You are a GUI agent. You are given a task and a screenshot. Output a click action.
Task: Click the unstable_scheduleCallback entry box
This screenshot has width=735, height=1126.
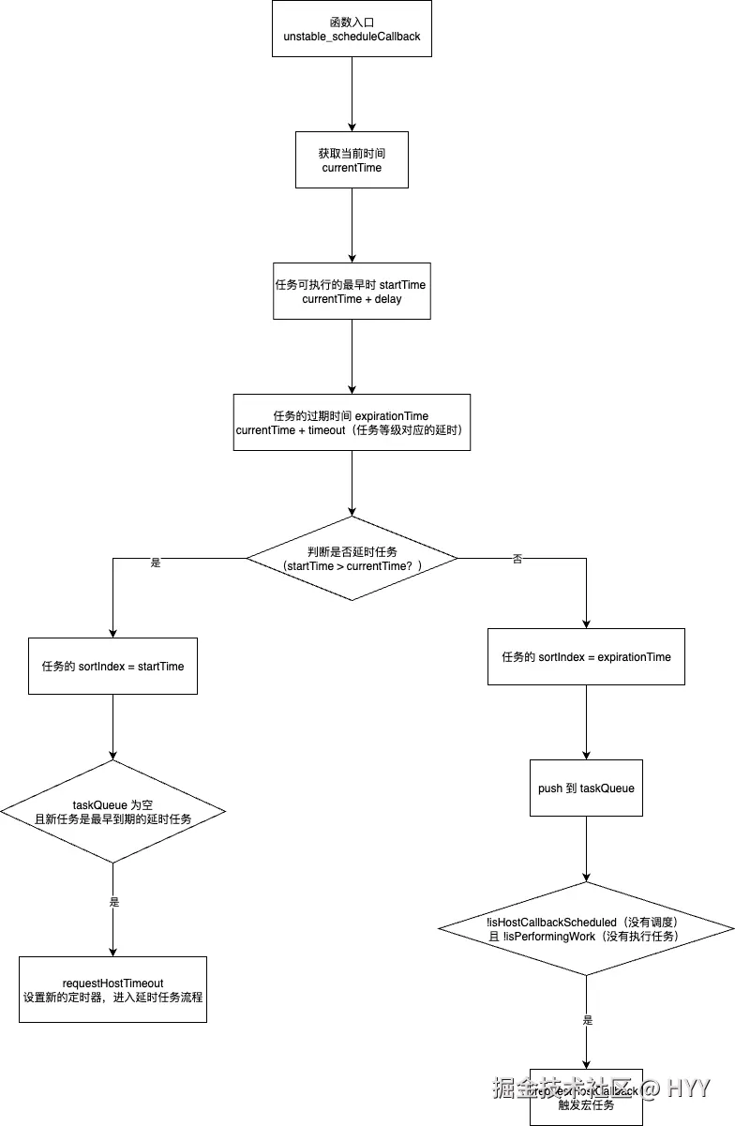click(x=352, y=28)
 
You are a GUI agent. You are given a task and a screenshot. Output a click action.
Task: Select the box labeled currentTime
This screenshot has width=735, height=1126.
click(x=352, y=159)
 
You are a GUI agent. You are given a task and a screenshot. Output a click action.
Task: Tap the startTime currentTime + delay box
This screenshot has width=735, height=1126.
click(x=352, y=291)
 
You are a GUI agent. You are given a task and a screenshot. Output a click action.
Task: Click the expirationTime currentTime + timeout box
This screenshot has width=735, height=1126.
click(x=352, y=422)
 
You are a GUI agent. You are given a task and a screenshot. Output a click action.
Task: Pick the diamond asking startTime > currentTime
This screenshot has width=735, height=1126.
click(x=352, y=558)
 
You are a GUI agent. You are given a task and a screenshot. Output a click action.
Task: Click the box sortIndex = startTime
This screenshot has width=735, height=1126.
click(x=112, y=666)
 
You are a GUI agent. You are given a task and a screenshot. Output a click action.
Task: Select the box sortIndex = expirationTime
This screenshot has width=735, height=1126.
click(x=586, y=656)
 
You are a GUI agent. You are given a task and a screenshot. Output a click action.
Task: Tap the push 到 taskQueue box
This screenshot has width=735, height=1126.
click(x=586, y=788)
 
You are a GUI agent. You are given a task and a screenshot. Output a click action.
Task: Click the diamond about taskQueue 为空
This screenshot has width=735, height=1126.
click(x=112, y=810)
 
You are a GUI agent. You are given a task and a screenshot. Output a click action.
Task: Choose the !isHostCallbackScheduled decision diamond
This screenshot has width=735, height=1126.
click(x=586, y=928)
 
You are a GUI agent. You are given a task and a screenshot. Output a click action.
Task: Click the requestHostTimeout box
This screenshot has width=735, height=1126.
click(x=112, y=989)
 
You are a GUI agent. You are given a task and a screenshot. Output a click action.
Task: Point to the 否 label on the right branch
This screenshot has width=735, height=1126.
click(x=517, y=559)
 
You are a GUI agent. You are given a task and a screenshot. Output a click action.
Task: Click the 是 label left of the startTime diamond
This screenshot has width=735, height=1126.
click(x=156, y=563)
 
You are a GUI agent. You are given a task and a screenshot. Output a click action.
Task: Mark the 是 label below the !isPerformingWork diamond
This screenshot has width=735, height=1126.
click(x=588, y=1019)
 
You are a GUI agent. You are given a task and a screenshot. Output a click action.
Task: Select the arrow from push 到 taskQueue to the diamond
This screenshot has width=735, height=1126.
click(x=586, y=848)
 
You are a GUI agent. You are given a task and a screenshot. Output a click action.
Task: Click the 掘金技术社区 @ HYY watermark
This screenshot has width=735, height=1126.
click(x=600, y=1088)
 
